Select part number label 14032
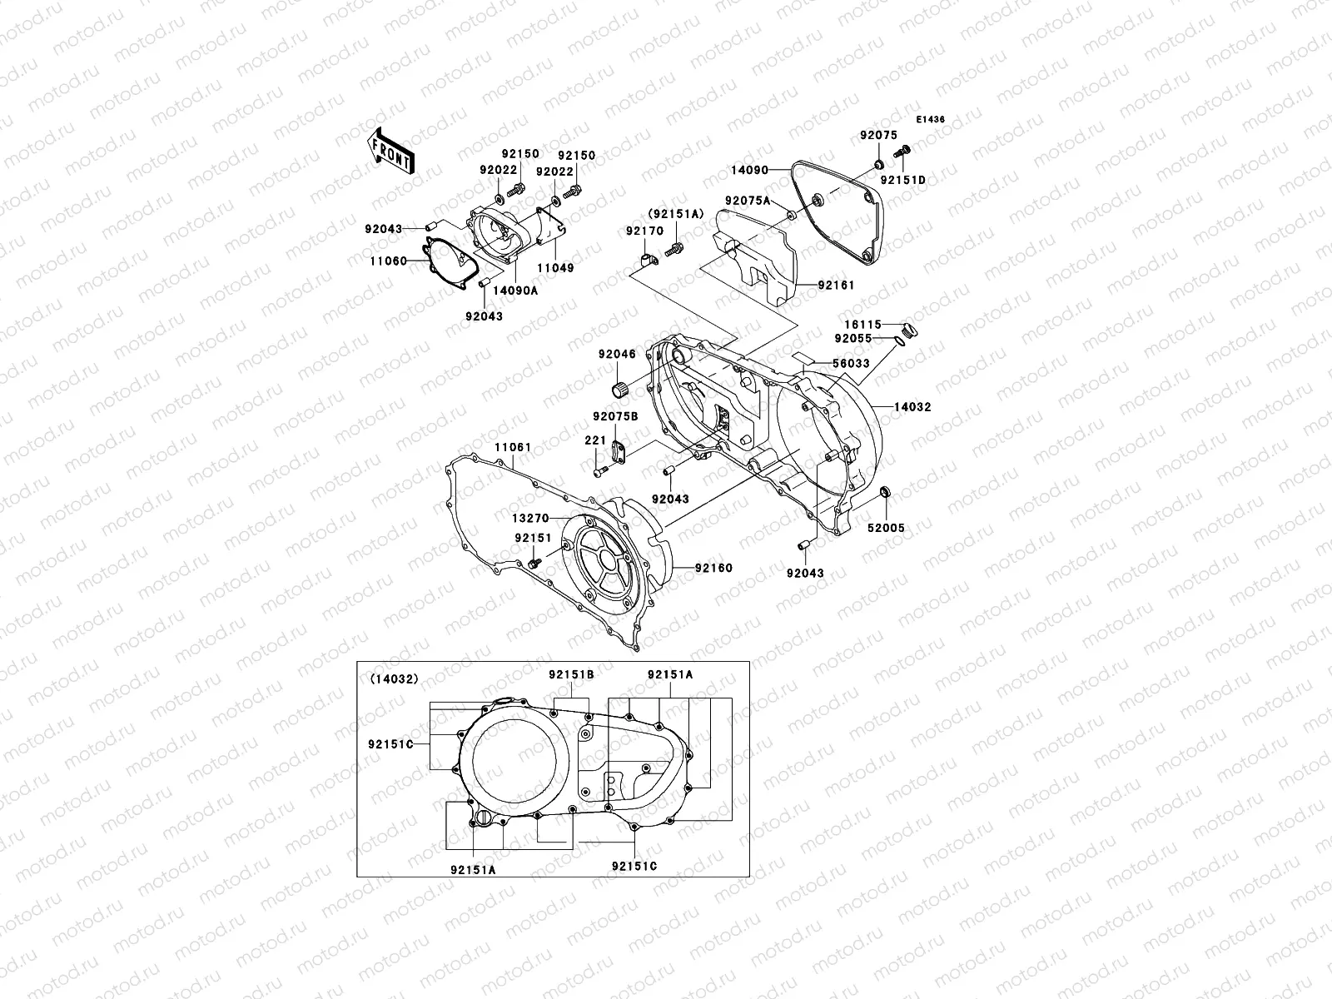912,407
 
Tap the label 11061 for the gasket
512,448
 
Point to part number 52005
887,528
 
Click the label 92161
836,285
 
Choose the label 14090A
514,291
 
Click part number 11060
388,261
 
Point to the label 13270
529,518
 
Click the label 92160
714,569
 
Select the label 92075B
615,416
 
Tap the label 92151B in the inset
570,674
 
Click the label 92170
644,231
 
